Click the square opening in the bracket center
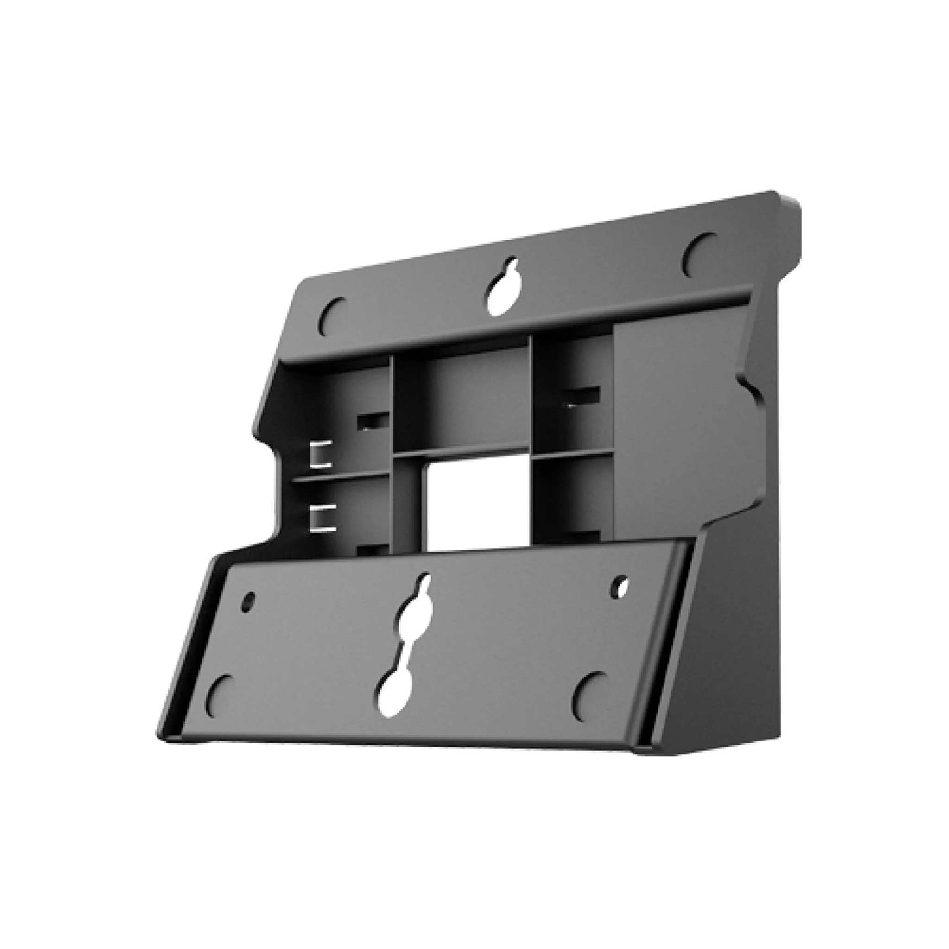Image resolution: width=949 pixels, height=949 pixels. (x=479, y=506)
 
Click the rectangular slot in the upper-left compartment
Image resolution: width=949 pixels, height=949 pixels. (x=373, y=422)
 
